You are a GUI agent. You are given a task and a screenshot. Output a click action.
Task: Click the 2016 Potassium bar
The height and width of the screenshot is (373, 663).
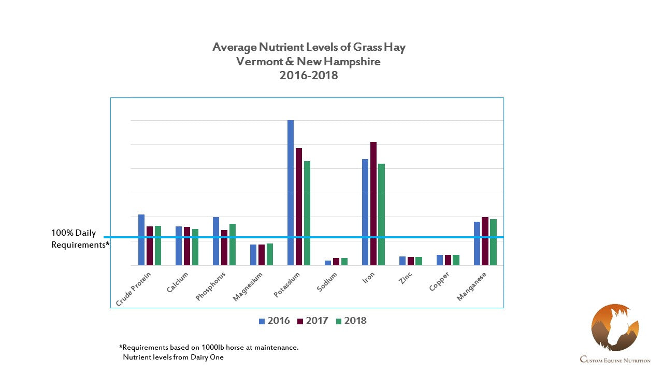[x=291, y=193]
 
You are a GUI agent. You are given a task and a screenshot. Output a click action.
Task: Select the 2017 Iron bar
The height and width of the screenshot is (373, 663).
[x=373, y=204]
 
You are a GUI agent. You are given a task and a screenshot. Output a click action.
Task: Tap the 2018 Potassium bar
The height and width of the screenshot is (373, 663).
[x=307, y=213]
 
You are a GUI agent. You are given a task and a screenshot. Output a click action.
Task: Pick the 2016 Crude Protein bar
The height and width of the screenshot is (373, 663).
[x=141, y=240]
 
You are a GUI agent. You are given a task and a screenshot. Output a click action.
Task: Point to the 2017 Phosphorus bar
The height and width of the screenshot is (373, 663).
[x=224, y=248]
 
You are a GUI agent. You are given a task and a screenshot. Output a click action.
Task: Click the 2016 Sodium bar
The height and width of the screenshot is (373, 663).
[x=328, y=263]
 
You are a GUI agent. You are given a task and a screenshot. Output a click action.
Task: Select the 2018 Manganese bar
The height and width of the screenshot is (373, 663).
[x=494, y=242]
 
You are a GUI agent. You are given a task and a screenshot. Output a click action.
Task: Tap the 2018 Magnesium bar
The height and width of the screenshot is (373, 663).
[x=270, y=254]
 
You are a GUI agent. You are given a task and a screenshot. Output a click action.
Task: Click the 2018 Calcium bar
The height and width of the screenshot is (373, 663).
[x=195, y=247]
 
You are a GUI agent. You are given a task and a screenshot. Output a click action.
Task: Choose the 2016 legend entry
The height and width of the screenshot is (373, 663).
[x=275, y=321]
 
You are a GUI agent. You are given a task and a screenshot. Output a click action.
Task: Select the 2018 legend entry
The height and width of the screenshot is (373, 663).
[x=351, y=321]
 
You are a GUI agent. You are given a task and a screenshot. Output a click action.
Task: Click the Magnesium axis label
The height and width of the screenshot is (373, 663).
[x=248, y=287]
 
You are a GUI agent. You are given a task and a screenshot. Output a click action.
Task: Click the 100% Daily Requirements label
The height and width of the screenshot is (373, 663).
[x=80, y=239]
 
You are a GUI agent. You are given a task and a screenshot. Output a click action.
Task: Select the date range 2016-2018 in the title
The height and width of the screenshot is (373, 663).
[x=309, y=75]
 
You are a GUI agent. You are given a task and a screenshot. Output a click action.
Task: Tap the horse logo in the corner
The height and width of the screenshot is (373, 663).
[x=615, y=328]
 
